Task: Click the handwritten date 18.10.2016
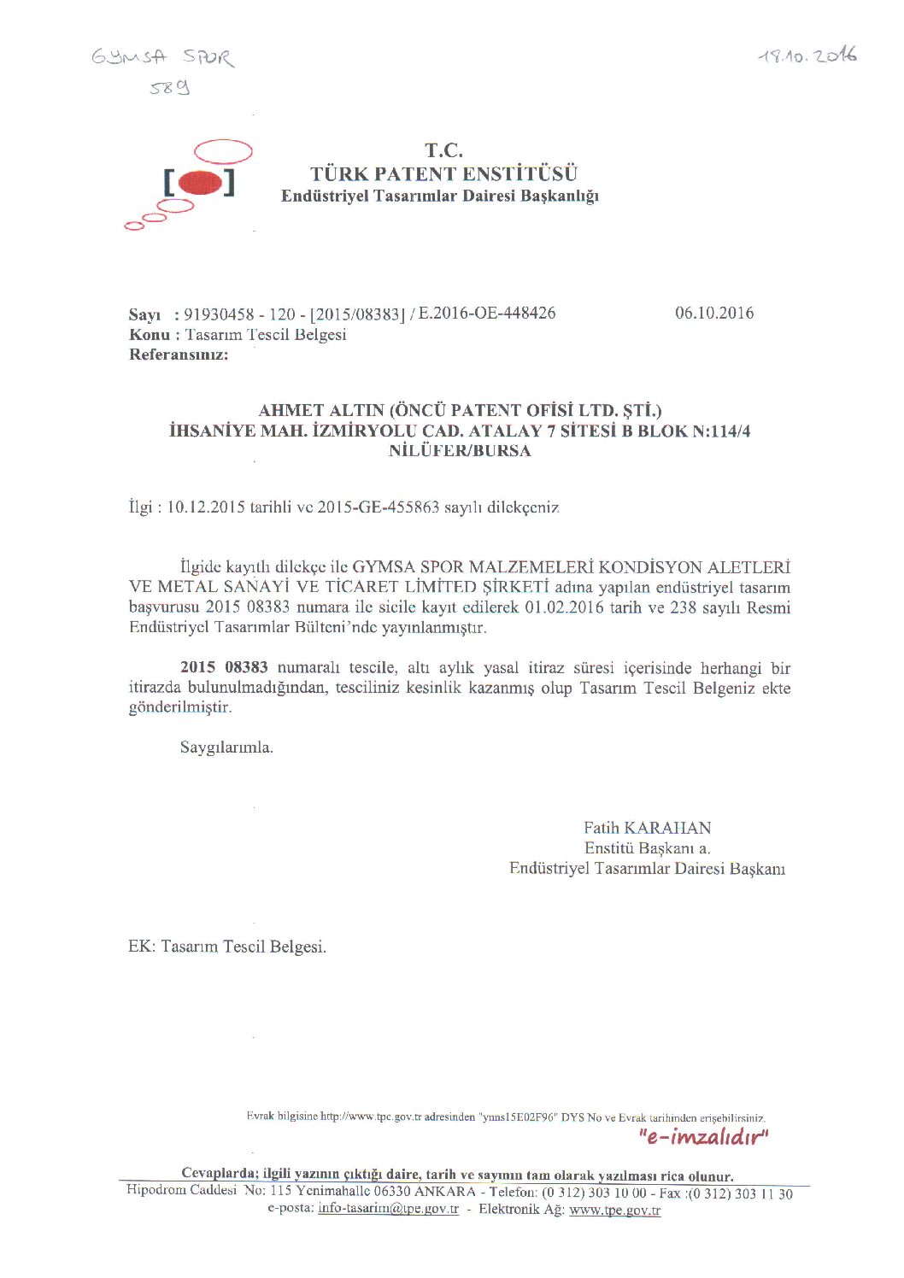[x=807, y=57]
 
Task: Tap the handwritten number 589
[x=169, y=87]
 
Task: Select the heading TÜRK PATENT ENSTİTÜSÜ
[x=443, y=174]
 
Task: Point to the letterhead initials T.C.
[x=443, y=151]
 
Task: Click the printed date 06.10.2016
[x=714, y=313]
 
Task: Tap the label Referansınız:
[x=179, y=355]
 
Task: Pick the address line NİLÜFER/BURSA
[x=460, y=451]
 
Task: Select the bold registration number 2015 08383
[x=224, y=667]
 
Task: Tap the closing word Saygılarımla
[x=226, y=747]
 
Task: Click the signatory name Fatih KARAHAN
[x=647, y=828]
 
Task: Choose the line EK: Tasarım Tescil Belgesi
[x=227, y=947]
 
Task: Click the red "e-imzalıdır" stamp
[x=703, y=1137]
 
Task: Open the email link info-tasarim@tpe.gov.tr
[x=388, y=1209]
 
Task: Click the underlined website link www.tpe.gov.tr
[x=614, y=1210]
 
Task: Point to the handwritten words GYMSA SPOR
[x=162, y=57]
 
